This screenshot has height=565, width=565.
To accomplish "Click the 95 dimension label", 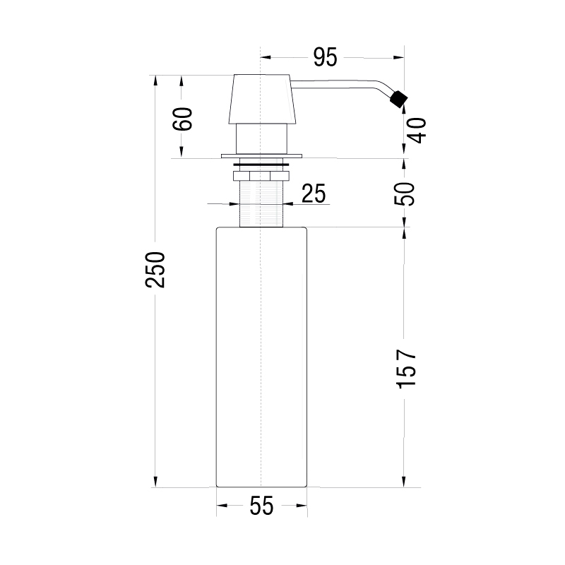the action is tap(325, 57).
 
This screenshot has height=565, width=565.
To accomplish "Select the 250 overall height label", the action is tap(155, 270).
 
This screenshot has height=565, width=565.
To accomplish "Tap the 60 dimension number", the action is tap(182, 119).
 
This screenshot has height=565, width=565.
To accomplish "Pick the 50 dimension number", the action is tap(404, 194).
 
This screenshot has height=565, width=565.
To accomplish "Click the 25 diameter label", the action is tap(314, 194).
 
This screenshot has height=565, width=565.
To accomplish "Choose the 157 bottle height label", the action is tap(406, 368).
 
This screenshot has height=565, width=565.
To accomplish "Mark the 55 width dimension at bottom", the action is tap(261, 506).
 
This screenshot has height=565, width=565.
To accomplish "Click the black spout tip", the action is tap(398, 99).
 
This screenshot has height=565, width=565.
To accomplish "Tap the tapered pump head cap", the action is tap(262, 99).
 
